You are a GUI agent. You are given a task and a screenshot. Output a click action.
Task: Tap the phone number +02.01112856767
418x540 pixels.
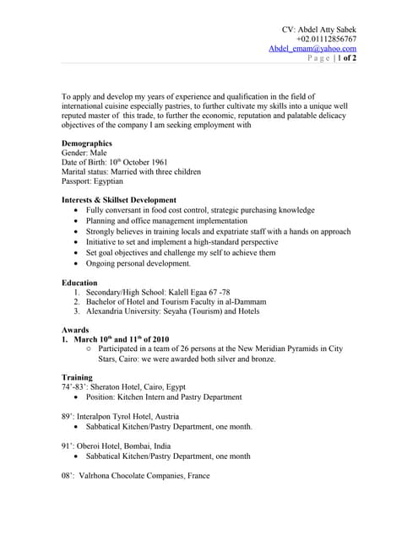(326, 39)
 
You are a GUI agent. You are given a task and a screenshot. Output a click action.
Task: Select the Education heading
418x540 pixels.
(79, 283)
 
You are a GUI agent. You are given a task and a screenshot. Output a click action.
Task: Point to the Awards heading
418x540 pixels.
(75, 329)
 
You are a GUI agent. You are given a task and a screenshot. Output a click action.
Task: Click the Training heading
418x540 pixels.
(77, 376)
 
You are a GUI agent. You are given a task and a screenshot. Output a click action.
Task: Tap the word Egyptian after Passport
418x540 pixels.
(109, 181)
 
